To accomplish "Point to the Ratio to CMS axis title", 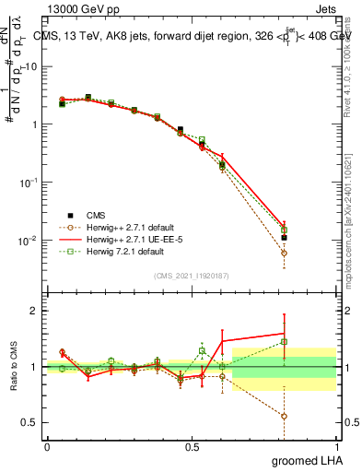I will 13,366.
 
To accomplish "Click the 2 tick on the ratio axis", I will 33,311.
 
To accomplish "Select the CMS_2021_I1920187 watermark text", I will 191,276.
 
